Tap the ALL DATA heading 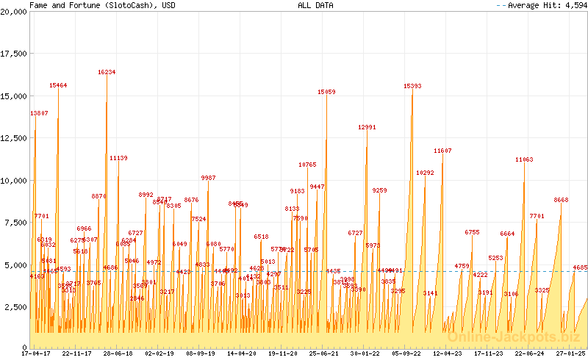[315, 5]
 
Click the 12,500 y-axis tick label [14, 139]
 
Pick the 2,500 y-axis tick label [16, 306]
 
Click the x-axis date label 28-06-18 [118, 353]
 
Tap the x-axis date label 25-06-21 [324, 353]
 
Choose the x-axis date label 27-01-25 [570, 353]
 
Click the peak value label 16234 [107, 72]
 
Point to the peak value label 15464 [58, 85]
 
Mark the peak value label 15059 [326, 92]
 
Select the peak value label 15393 [412, 86]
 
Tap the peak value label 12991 [367, 127]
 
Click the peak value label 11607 [442, 151]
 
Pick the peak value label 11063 [524, 159]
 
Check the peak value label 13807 [39, 113]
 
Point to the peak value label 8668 [561, 200]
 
